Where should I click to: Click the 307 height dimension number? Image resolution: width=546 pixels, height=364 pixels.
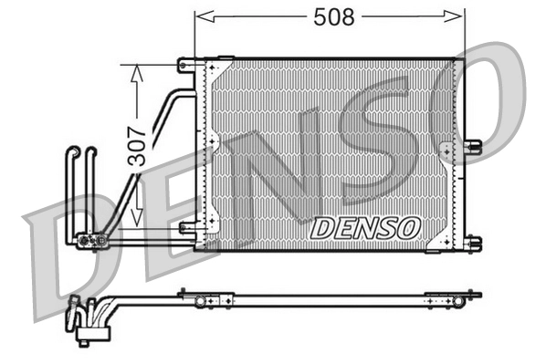click(138, 144)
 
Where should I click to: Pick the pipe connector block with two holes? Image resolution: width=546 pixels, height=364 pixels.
click(92, 241)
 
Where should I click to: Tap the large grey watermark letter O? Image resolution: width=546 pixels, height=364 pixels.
click(475, 100)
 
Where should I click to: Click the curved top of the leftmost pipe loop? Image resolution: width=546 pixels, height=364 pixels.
click(72, 151)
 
